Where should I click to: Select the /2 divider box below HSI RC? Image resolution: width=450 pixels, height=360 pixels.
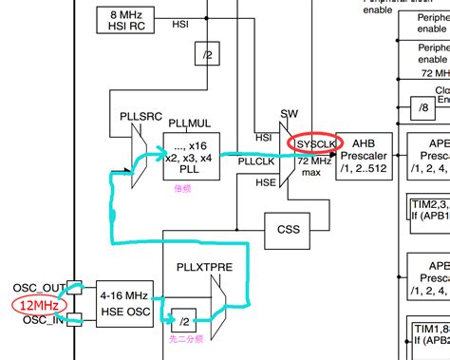(x=207, y=55)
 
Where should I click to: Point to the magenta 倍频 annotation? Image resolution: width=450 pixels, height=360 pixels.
(x=182, y=189)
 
